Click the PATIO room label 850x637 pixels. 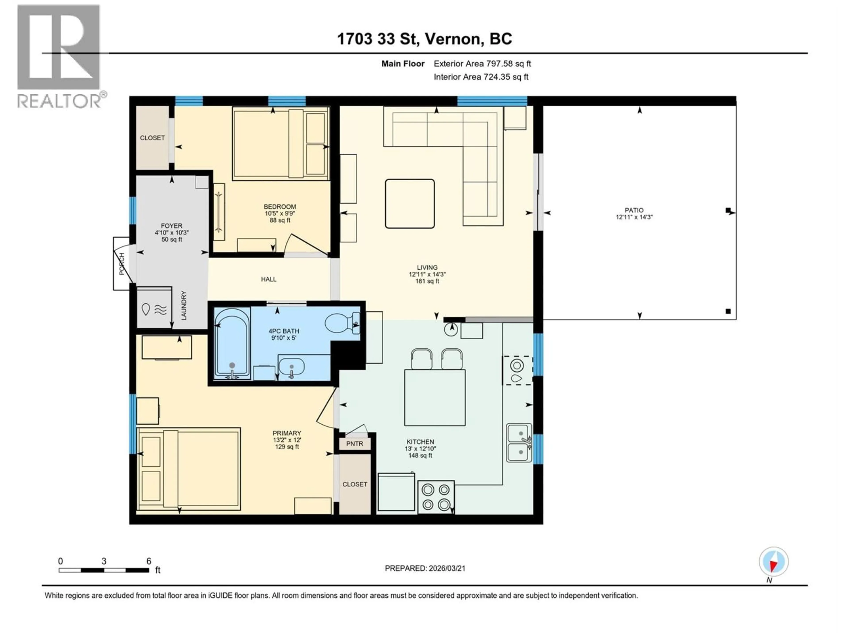tap(634, 210)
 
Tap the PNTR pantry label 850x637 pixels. tap(354, 444)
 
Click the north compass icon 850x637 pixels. tap(774, 562)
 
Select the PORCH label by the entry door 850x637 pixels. tap(122, 264)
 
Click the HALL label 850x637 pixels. tap(269, 279)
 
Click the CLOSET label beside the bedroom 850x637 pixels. tap(152, 138)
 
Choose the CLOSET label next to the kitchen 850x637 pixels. tap(355, 484)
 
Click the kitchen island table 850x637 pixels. tap(435, 397)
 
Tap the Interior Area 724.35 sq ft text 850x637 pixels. tap(481, 77)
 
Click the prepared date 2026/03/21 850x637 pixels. tap(425, 568)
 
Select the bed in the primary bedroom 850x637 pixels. tap(188, 469)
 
